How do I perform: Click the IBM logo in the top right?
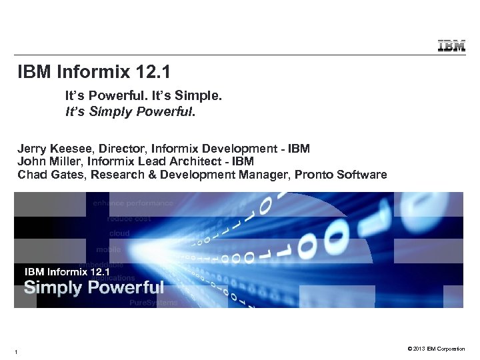click(x=451, y=45)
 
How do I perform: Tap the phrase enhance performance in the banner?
click(x=133, y=203)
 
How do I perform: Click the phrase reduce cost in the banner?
click(x=129, y=219)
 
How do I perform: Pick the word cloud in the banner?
click(x=119, y=233)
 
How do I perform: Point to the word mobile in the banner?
click(x=109, y=249)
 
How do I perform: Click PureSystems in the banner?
click(x=154, y=303)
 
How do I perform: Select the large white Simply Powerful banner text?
click(x=93, y=287)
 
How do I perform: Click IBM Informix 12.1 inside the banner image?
click(x=67, y=271)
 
